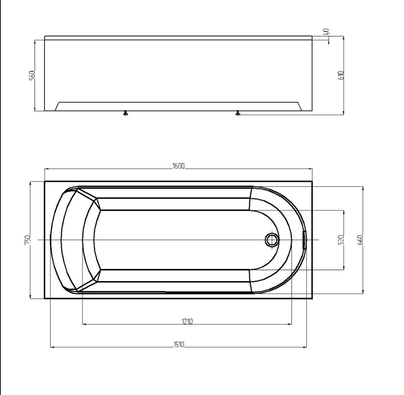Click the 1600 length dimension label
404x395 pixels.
coord(179,166)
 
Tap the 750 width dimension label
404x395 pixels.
coord(27,240)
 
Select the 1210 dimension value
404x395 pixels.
coord(187,321)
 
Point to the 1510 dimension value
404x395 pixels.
coord(179,345)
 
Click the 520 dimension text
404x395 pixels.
coord(341,240)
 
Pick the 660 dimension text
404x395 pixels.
coord(360,240)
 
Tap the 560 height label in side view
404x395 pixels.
coord(32,76)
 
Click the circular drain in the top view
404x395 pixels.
coord(272,240)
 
